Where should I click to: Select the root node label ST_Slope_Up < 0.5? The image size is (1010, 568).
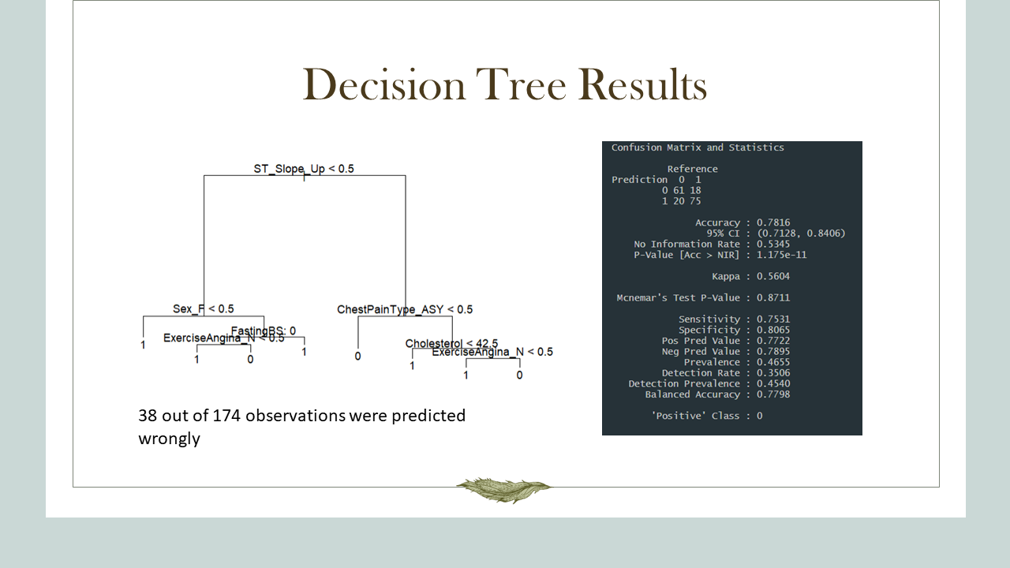(x=304, y=169)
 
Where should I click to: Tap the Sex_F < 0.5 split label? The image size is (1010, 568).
(x=203, y=308)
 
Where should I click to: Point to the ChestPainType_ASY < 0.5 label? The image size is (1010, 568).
(x=405, y=309)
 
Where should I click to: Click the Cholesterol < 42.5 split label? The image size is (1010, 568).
(x=451, y=343)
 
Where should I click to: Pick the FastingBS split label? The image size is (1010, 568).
(x=264, y=331)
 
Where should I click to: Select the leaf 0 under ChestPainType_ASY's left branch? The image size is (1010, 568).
(x=357, y=356)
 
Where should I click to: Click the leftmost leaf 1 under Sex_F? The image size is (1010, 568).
(x=143, y=345)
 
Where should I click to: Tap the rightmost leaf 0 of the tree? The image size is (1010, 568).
(x=519, y=375)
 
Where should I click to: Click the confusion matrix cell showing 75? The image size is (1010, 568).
(x=694, y=201)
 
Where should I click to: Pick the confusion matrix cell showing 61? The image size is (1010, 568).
(x=679, y=190)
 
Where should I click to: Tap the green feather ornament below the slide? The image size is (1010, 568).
(x=503, y=489)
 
